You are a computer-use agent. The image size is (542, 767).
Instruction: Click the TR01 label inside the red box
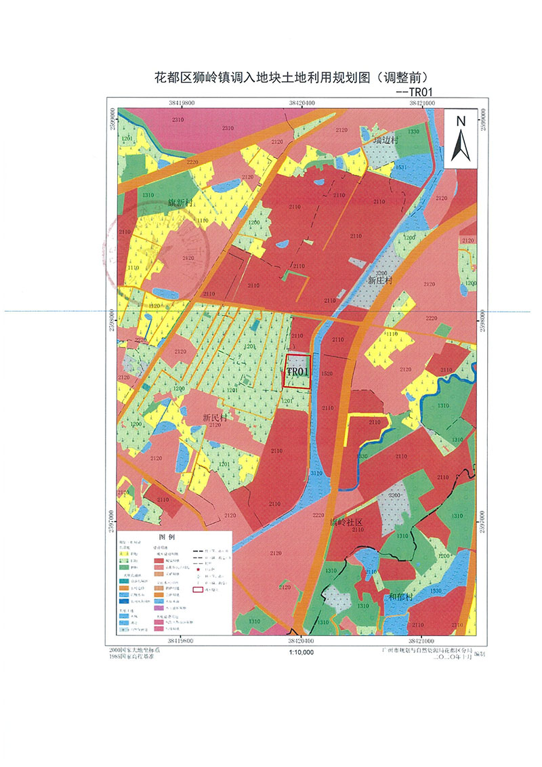(x=297, y=372)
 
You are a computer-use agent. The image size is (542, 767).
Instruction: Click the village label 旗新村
(x=180, y=203)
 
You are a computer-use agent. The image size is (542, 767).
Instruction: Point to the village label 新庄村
(x=381, y=279)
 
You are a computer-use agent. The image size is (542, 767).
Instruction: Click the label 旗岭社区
(x=347, y=522)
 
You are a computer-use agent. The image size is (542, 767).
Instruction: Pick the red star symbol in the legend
(x=198, y=569)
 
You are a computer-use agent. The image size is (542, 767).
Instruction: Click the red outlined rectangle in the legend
(x=198, y=589)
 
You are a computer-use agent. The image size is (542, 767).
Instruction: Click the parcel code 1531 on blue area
(x=401, y=167)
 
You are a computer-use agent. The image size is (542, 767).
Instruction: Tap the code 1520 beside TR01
(x=328, y=373)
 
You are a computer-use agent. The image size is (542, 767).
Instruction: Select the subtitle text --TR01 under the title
(x=413, y=91)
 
